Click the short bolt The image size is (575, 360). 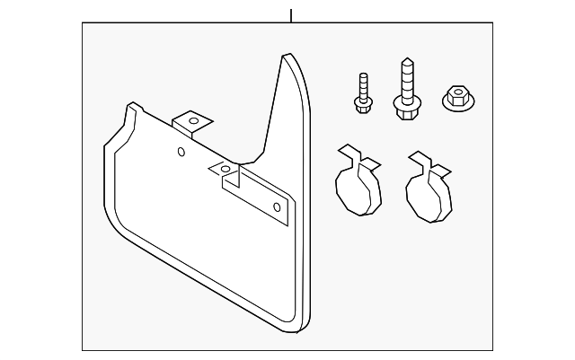362,93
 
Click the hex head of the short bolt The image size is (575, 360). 363,106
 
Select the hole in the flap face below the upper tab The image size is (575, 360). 181,152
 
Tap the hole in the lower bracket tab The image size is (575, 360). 225,169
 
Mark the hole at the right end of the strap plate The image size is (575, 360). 277,208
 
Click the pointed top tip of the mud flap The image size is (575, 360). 286,57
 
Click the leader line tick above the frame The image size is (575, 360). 291,15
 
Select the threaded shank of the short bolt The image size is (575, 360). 362,85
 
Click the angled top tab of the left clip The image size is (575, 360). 367,161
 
